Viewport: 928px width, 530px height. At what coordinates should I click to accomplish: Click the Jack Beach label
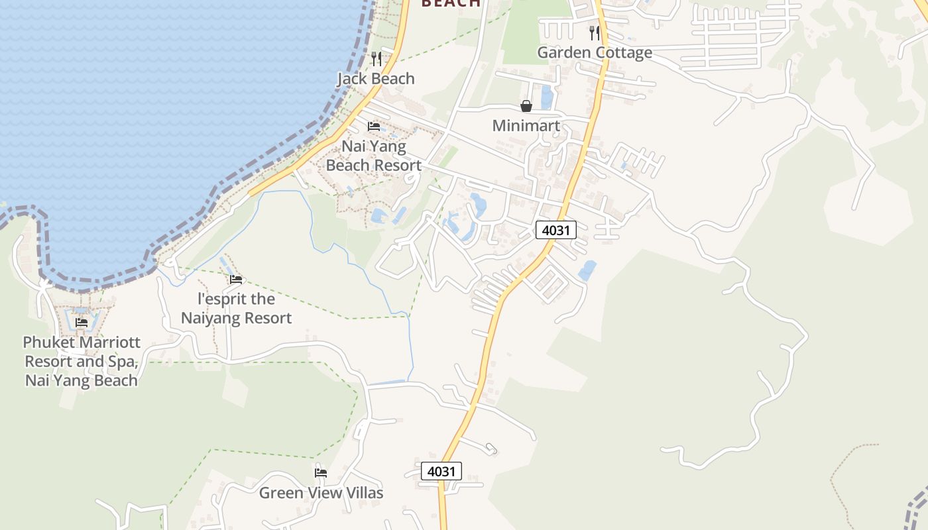pos(376,79)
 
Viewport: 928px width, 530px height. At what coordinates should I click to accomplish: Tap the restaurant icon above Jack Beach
pos(377,59)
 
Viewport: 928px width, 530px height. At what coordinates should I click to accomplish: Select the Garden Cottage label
pos(594,52)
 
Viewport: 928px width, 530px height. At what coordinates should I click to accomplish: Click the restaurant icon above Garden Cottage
pos(595,32)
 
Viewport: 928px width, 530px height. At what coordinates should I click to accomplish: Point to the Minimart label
pos(526,125)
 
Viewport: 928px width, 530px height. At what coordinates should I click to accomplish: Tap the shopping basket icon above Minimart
pos(526,106)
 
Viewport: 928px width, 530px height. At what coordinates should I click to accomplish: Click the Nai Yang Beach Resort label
pos(374,156)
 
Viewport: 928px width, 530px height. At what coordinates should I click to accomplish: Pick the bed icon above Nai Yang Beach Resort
pos(374,126)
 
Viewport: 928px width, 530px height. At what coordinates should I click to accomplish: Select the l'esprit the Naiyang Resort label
pos(236,308)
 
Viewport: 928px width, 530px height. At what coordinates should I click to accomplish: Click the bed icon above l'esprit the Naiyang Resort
pos(236,279)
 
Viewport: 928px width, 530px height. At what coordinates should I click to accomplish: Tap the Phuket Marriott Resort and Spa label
pos(82,361)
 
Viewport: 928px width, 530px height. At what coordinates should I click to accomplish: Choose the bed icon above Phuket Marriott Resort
pos(82,322)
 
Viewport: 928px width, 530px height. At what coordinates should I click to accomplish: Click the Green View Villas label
pos(321,493)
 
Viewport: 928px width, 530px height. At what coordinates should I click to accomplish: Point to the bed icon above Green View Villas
pos(321,472)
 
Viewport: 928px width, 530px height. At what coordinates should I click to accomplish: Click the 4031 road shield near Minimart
pos(555,230)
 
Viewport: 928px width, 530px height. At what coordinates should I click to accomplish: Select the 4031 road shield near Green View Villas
pos(441,471)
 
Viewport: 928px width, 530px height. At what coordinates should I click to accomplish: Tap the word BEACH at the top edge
pos(451,3)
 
